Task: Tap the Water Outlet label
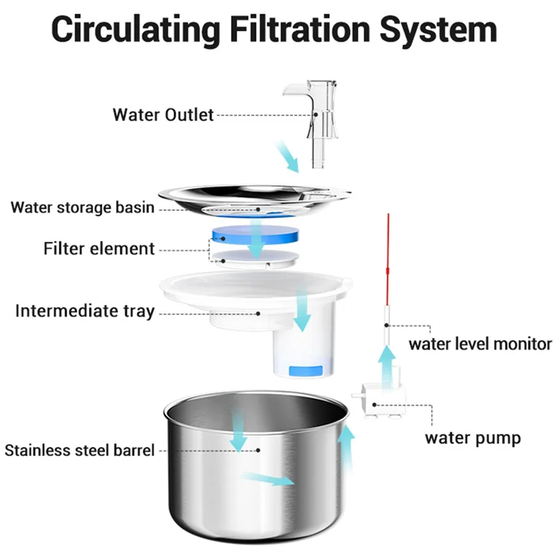163,114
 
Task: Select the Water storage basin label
83,207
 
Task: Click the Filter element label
99,248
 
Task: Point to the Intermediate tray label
84,311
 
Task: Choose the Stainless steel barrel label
79,450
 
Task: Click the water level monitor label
480,343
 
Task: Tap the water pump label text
472,438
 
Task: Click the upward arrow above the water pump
389,361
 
